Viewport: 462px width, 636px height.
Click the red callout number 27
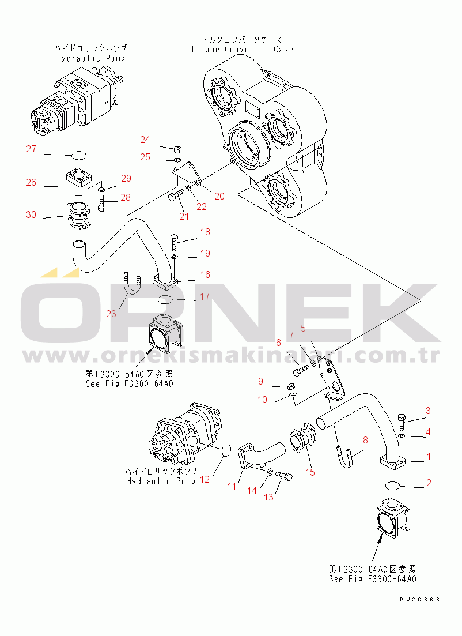31,149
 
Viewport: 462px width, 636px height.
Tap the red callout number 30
31,214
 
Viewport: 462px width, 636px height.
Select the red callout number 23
111,314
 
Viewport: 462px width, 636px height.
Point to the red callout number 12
205,479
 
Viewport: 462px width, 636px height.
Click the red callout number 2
429,483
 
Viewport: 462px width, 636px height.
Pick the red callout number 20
219,196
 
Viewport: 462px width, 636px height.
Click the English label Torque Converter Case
242,50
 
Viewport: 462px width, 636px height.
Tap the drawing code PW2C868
419,600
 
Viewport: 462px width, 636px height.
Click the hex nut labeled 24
177,149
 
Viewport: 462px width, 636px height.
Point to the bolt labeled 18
175,242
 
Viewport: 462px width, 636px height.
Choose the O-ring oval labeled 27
79,155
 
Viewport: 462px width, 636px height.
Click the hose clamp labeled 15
302,439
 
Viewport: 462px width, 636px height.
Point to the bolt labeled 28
101,202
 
